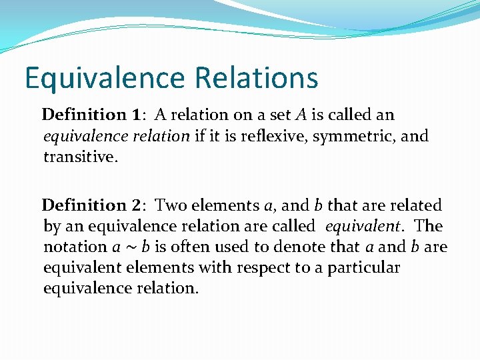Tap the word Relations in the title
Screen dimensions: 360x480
257,77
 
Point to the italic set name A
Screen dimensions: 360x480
300,115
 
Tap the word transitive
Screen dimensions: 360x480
79,158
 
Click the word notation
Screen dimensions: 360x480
75,247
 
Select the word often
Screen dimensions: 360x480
192,247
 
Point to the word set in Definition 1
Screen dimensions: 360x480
275,115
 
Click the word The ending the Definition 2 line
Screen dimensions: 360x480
428,226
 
